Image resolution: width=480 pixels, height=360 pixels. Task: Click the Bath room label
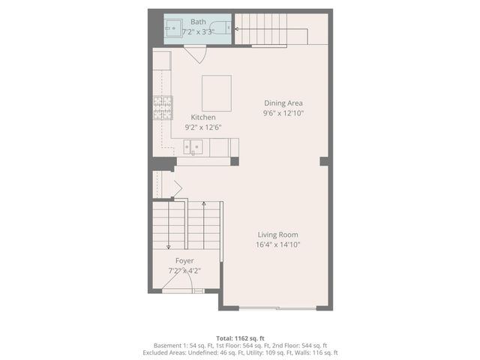pos(198,22)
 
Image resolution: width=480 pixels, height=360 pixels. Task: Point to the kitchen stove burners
pos(163,108)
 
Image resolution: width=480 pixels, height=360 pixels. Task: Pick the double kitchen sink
pos(193,146)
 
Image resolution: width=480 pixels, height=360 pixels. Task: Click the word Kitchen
pos(202,117)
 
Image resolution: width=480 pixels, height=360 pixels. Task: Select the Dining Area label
pos(283,103)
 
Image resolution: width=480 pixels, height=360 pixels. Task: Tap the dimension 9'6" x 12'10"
pos(283,113)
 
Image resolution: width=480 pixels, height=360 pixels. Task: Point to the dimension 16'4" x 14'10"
pos(277,244)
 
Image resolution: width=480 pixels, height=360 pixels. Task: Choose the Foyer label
pos(184,260)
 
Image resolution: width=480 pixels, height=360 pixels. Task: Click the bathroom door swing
pos(195,54)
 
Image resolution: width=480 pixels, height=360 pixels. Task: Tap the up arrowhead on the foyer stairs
pos(204,202)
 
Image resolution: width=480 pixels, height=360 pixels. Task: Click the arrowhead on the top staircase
pos(236,29)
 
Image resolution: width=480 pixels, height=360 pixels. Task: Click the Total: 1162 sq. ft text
pos(240,339)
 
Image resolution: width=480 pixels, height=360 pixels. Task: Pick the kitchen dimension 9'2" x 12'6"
pos(202,127)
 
